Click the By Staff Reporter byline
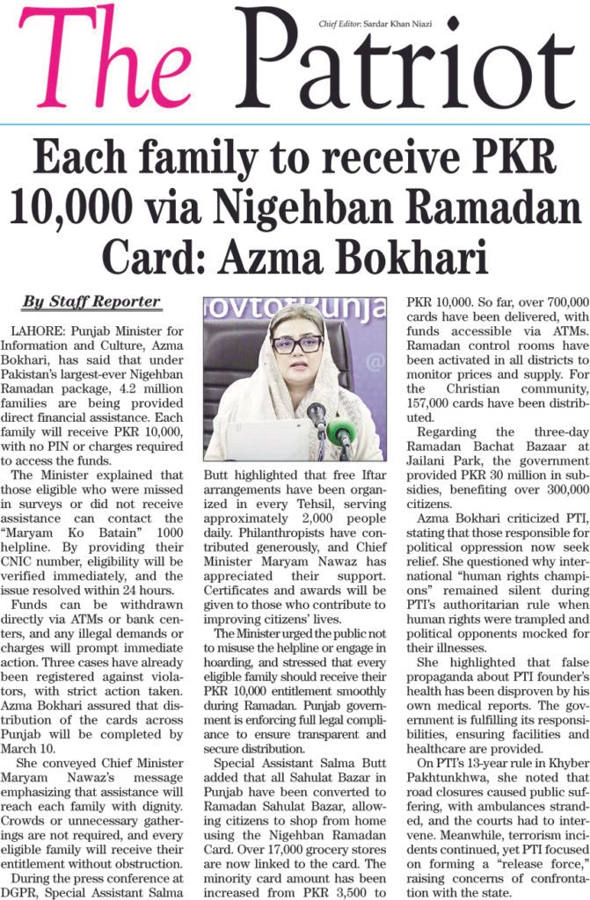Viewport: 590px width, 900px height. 91,302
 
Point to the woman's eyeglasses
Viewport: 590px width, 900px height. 296,344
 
